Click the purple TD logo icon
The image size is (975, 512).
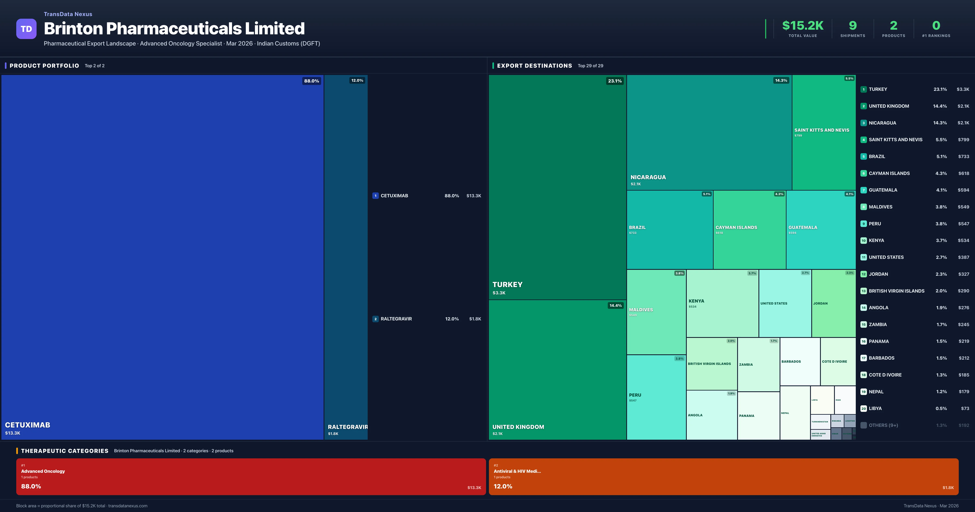click(x=26, y=29)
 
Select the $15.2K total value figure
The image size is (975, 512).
click(x=802, y=25)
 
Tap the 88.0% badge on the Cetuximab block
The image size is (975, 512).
click(x=311, y=81)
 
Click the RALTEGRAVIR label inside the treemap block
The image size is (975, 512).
click(x=348, y=427)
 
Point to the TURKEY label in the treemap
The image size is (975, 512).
click(x=507, y=284)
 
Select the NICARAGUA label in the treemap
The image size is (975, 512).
click(x=648, y=177)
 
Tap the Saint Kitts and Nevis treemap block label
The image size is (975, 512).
click(x=821, y=130)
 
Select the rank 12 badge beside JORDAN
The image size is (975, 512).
click(x=863, y=274)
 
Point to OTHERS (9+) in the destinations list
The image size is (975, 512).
click(x=883, y=425)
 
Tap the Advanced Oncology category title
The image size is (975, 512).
click(x=43, y=471)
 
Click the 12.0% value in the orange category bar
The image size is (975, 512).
click(x=503, y=486)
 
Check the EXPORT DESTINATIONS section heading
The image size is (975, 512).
click(x=534, y=65)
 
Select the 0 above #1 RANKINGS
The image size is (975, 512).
click(x=936, y=25)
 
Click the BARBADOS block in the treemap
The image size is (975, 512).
click(x=791, y=362)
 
